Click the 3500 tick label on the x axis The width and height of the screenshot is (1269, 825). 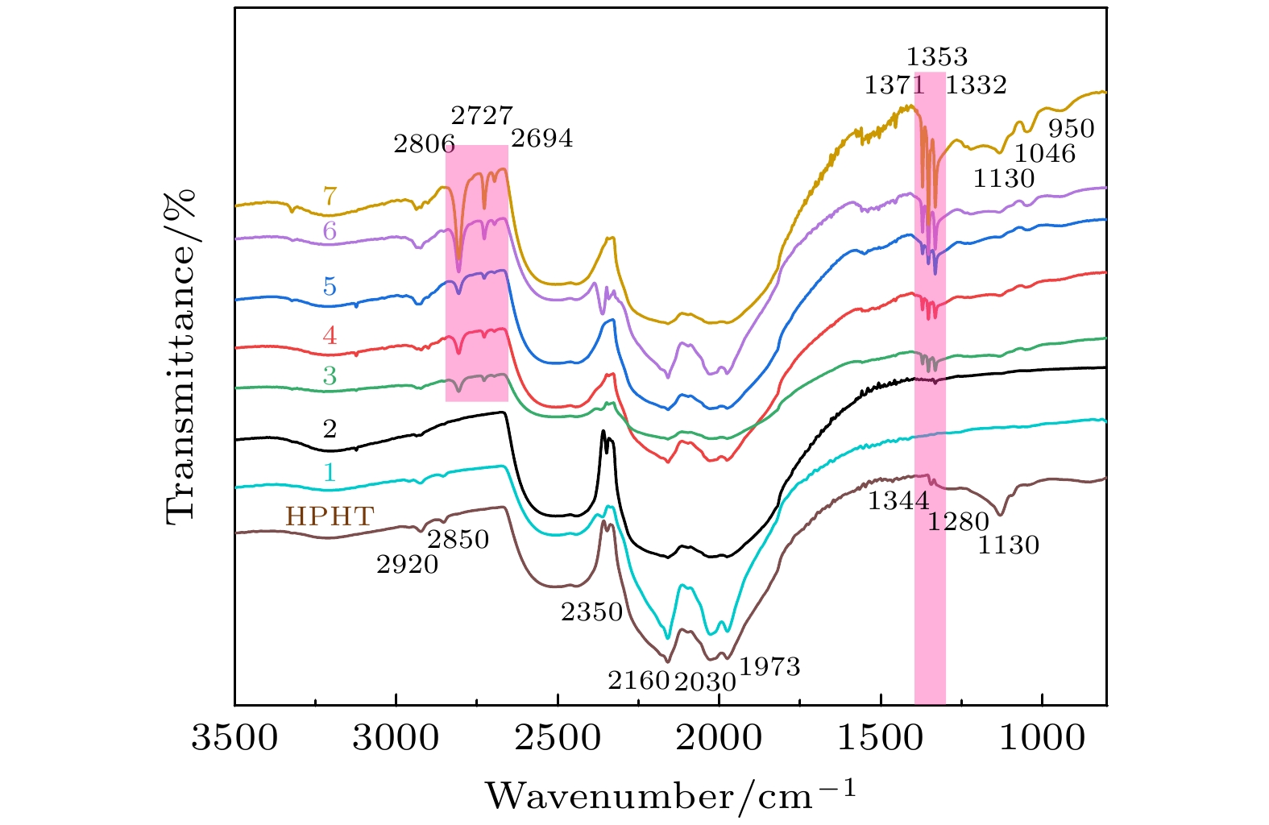(x=234, y=738)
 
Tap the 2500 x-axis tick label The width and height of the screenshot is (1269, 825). (x=558, y=738)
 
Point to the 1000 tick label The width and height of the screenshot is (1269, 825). (x=1043, y=738)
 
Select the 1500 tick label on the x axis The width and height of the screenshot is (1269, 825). (x=881, y=738)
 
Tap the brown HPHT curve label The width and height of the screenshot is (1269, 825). (x=330, y=516)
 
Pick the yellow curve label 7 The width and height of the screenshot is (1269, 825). (x=330, y=196)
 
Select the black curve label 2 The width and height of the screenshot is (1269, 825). (x=330, y=429)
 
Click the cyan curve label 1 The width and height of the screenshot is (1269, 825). (x=330, y=472)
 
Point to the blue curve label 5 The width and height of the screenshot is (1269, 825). (x=330, y=287)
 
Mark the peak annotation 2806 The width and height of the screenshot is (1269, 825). (x=425, y=145)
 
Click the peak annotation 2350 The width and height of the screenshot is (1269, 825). (x=592, y=613)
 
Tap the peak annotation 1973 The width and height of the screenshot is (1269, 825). (x=769, y=667)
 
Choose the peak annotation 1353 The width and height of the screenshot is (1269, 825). (x=937, y=57)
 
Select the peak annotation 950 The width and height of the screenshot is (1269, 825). (x=1072, y=129)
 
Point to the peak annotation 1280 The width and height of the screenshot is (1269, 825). (x=958, y=523)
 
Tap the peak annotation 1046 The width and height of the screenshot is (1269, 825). (x=1045, y=153)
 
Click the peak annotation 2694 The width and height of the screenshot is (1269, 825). (x=542, y=139)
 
